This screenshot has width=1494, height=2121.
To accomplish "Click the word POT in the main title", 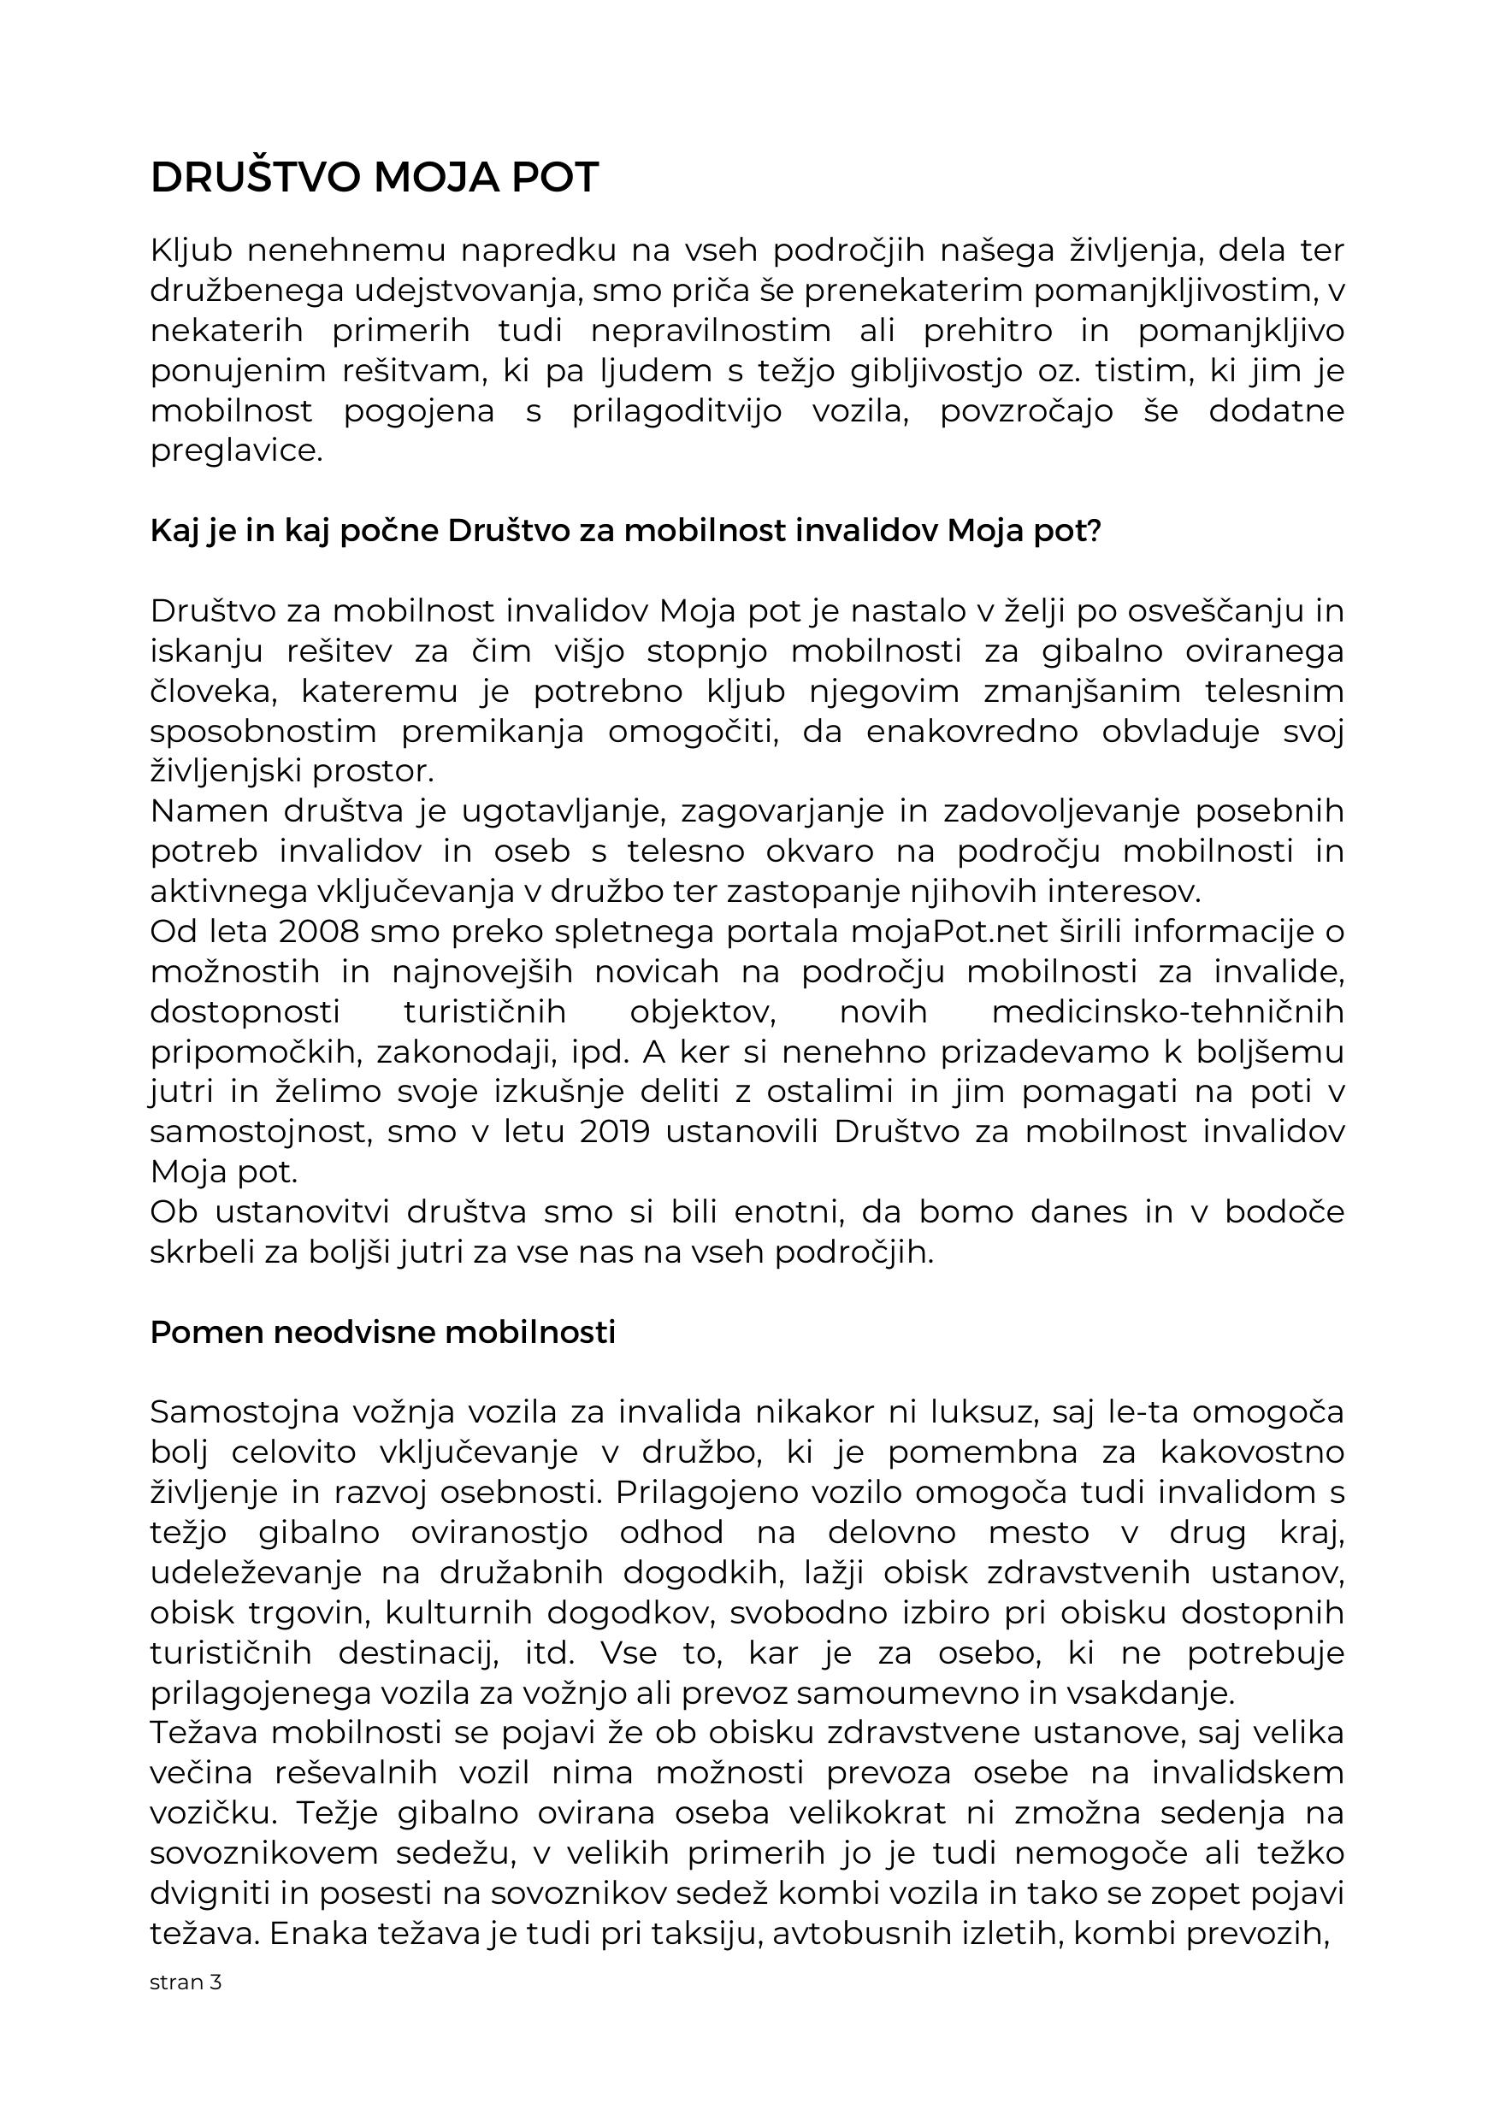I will pos(554,179).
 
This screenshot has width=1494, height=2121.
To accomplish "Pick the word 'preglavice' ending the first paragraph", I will pos(237,451).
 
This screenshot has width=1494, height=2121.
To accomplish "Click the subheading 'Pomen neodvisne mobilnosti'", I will pos(382,1332).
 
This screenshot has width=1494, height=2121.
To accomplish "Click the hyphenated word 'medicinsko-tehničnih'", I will pos(1167,1011).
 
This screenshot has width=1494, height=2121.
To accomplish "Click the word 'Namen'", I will pos(210,811).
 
